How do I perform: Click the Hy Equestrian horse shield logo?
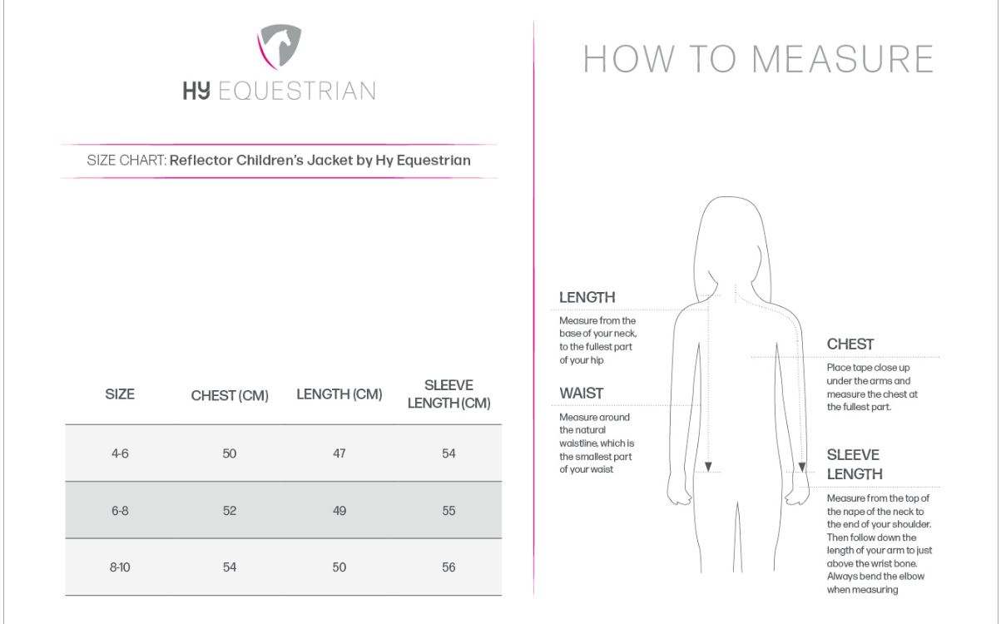click(x=278, y=46)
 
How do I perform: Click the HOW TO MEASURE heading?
click(x=758, y=59)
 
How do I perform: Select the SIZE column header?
click(x=120, y=394)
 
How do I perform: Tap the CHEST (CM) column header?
click(x=230, y=396)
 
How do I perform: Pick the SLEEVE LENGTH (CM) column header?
click(x=448, y=394)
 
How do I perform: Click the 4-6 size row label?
click(x=120, y=453)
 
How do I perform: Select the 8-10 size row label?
click(x=120, y=567)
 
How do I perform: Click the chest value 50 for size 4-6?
click(x=230, y=453)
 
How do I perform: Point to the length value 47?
click(x=339, y=453)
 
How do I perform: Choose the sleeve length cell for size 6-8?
click(x=448, y=510)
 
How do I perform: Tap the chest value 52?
click(x=230, y=510)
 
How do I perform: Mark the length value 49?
click(x=339, y=510)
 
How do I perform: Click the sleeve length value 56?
click(x=448, y=567)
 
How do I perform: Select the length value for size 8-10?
click(x=339, y=567)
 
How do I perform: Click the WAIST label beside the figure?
click(x=582, y=393)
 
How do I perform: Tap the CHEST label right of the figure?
click(x=850, y=344)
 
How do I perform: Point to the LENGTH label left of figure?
click(x=587, y=297)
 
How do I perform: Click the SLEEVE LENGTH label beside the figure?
click(x=855, y=464)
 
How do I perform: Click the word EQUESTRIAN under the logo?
click(x=296, y=92)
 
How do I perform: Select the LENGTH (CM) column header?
click(x=339, y=394)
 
